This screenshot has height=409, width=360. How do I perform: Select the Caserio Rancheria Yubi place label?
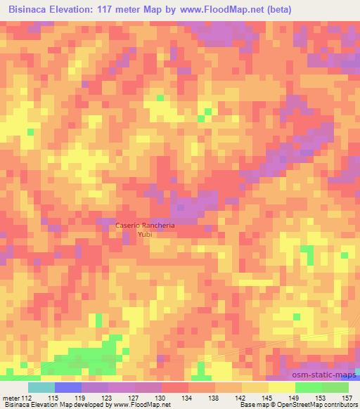[146, 230]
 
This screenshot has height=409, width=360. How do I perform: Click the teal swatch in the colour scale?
[41, 387]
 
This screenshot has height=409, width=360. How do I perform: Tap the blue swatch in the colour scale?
[68, 387]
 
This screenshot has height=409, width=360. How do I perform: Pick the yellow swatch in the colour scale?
[281, 387]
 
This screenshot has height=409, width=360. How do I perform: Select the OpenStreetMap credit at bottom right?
[316, 405]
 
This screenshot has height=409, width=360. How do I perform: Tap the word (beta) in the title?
[275, 9]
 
